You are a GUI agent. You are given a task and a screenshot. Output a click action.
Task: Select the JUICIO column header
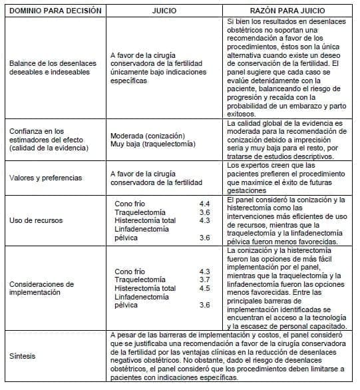[x=164, y=11]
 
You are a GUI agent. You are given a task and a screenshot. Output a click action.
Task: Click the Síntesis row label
[x=23, y=355]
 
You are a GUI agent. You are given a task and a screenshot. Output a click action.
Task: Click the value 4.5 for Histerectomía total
[x=204, y=288]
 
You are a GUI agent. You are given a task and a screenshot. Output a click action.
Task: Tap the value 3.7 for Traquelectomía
[x=204, y=280]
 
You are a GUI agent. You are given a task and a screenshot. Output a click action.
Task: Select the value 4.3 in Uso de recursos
[x=204, y=220]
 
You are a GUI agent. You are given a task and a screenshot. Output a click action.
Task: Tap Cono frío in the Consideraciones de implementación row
[x=130, y=272]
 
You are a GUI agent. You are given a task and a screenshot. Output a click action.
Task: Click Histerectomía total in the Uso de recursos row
[x=145, y=220]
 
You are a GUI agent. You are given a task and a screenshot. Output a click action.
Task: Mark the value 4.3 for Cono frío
[x=204, y=272]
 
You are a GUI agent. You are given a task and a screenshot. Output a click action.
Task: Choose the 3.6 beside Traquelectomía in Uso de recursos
[x=204, y=210]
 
